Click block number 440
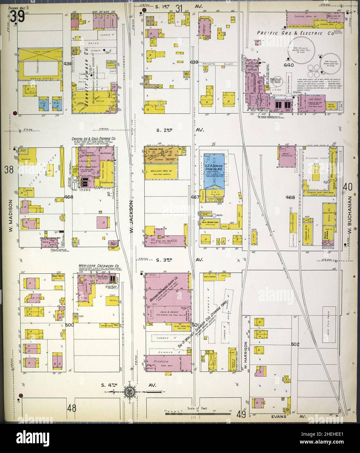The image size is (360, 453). [289, 65]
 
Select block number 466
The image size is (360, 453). [69, 197]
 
